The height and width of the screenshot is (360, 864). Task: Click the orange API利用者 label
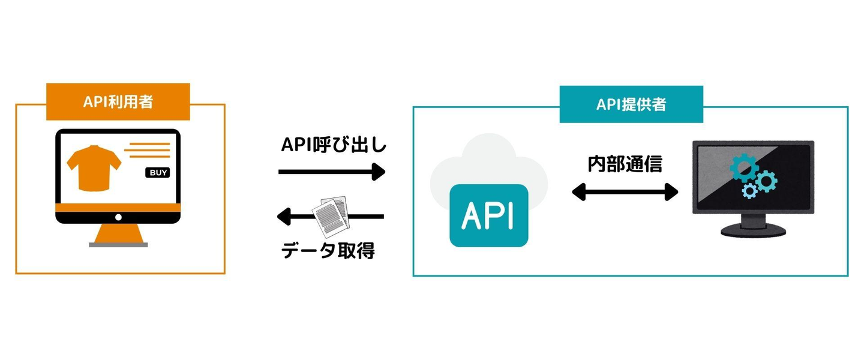(x=118, y=102)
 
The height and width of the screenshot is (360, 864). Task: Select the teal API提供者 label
(x=631, y=105)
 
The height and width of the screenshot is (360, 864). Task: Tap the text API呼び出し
(x=334, y=146)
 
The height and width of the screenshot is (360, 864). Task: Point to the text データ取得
(x=328, y=250)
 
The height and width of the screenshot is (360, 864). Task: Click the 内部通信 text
(x=625, y=164)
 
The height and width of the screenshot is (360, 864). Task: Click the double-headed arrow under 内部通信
(x=625, y=192)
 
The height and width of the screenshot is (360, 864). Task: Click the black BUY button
(x=158, y=173)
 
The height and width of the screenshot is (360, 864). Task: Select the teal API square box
(x=489, y=216)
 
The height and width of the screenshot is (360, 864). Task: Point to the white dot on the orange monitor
(x=118, y=217)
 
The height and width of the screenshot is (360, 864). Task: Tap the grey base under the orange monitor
(x=118, y=245)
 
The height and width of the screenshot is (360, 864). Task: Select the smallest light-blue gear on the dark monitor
(x=749, y=191)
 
